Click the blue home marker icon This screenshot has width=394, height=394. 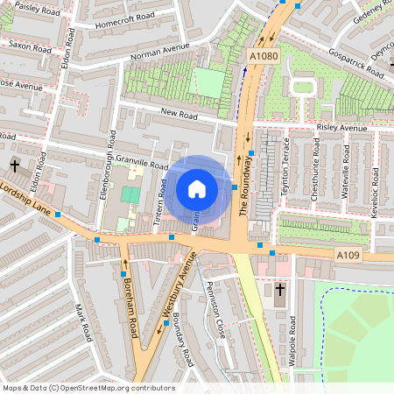pyautogui.click(x=197, y=189)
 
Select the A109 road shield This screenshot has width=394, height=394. pyautogui.click(x=348, y=254)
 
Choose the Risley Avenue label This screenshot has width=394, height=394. pyautogui.click(x=341, y=128)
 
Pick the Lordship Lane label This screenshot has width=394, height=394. pyautogui.click(x=24, y=197)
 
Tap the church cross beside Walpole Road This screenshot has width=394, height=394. pyautogui.click(x=280, y=290)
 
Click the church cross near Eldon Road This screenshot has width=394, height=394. pyautogui.click(x=14, y=165)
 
